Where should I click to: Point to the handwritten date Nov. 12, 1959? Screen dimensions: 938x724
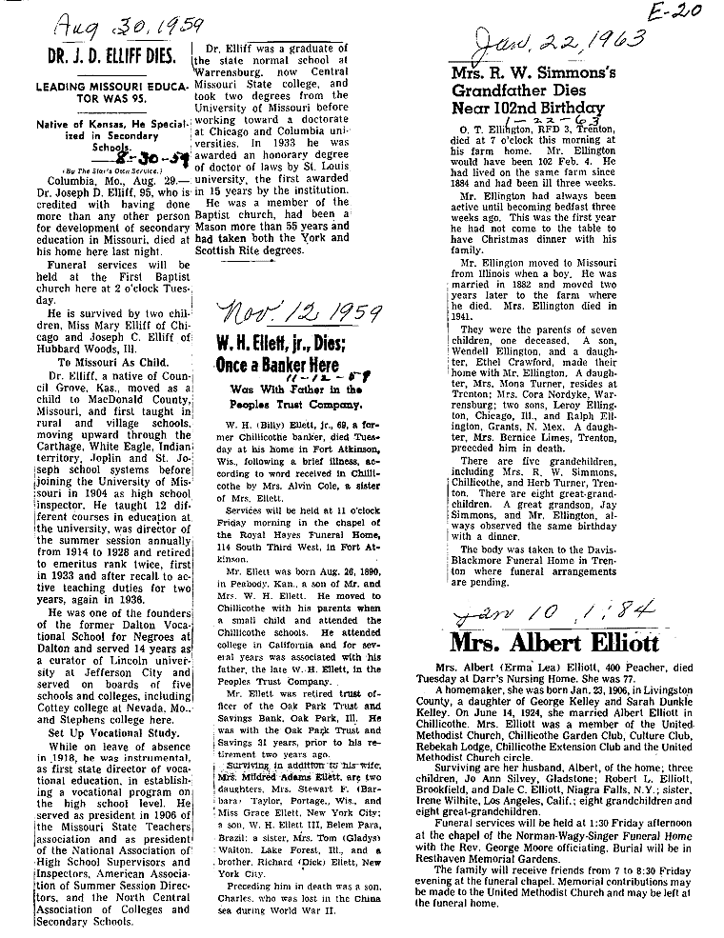coord(300,312)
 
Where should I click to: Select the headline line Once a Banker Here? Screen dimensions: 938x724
coord(289,367)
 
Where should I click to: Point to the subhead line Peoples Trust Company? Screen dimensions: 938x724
coord(294,404)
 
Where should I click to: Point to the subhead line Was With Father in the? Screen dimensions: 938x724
coord(295,389)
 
